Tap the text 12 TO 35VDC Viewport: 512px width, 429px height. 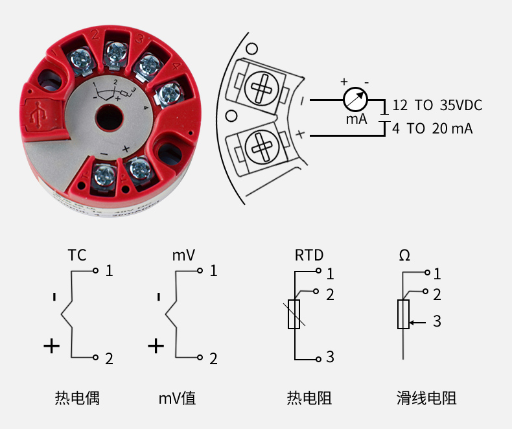[x=437, y=106]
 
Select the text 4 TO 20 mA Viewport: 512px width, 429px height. [x=432, y=128]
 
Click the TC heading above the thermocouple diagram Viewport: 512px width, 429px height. [x=76, y=255]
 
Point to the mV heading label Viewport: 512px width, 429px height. [x=183, y=255]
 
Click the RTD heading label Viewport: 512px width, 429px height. [x=309, y=255]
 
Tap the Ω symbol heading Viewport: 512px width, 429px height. [x=404, y=255]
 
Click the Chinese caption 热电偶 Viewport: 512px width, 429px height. [x=77, y=398]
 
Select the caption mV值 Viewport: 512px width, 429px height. [x=177, y=398]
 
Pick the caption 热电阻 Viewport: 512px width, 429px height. [x=309, y=398]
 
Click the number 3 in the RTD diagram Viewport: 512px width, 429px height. [x=330, y=357]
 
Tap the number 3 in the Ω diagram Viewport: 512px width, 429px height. [x=437, y=321]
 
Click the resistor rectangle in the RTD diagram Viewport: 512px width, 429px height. [x=294, y=314]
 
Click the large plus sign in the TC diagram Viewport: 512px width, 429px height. [x=52, y=345]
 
